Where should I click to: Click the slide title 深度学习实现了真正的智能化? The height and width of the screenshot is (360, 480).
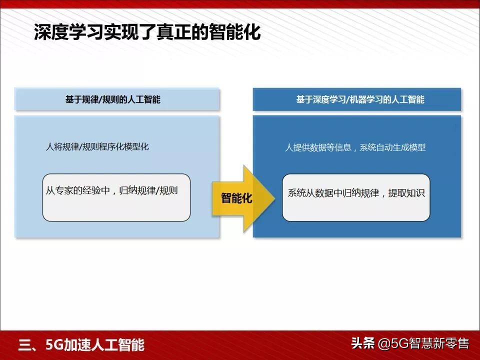pos(147,33)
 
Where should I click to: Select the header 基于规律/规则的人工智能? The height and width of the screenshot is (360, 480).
pos(112,99)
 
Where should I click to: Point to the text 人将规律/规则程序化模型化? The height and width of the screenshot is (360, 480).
pos(97,147)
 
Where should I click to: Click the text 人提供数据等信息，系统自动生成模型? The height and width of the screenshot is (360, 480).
pos(355,147)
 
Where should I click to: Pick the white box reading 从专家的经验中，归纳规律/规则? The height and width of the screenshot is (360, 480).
pos(116,197)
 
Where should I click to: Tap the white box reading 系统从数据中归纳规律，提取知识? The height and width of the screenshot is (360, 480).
pos(356,197)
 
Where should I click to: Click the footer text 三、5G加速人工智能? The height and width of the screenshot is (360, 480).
pos(81,345)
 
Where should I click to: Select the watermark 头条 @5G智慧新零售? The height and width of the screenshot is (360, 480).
pos(409,344)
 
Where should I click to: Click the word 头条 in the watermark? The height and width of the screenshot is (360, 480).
pos(362,344)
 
